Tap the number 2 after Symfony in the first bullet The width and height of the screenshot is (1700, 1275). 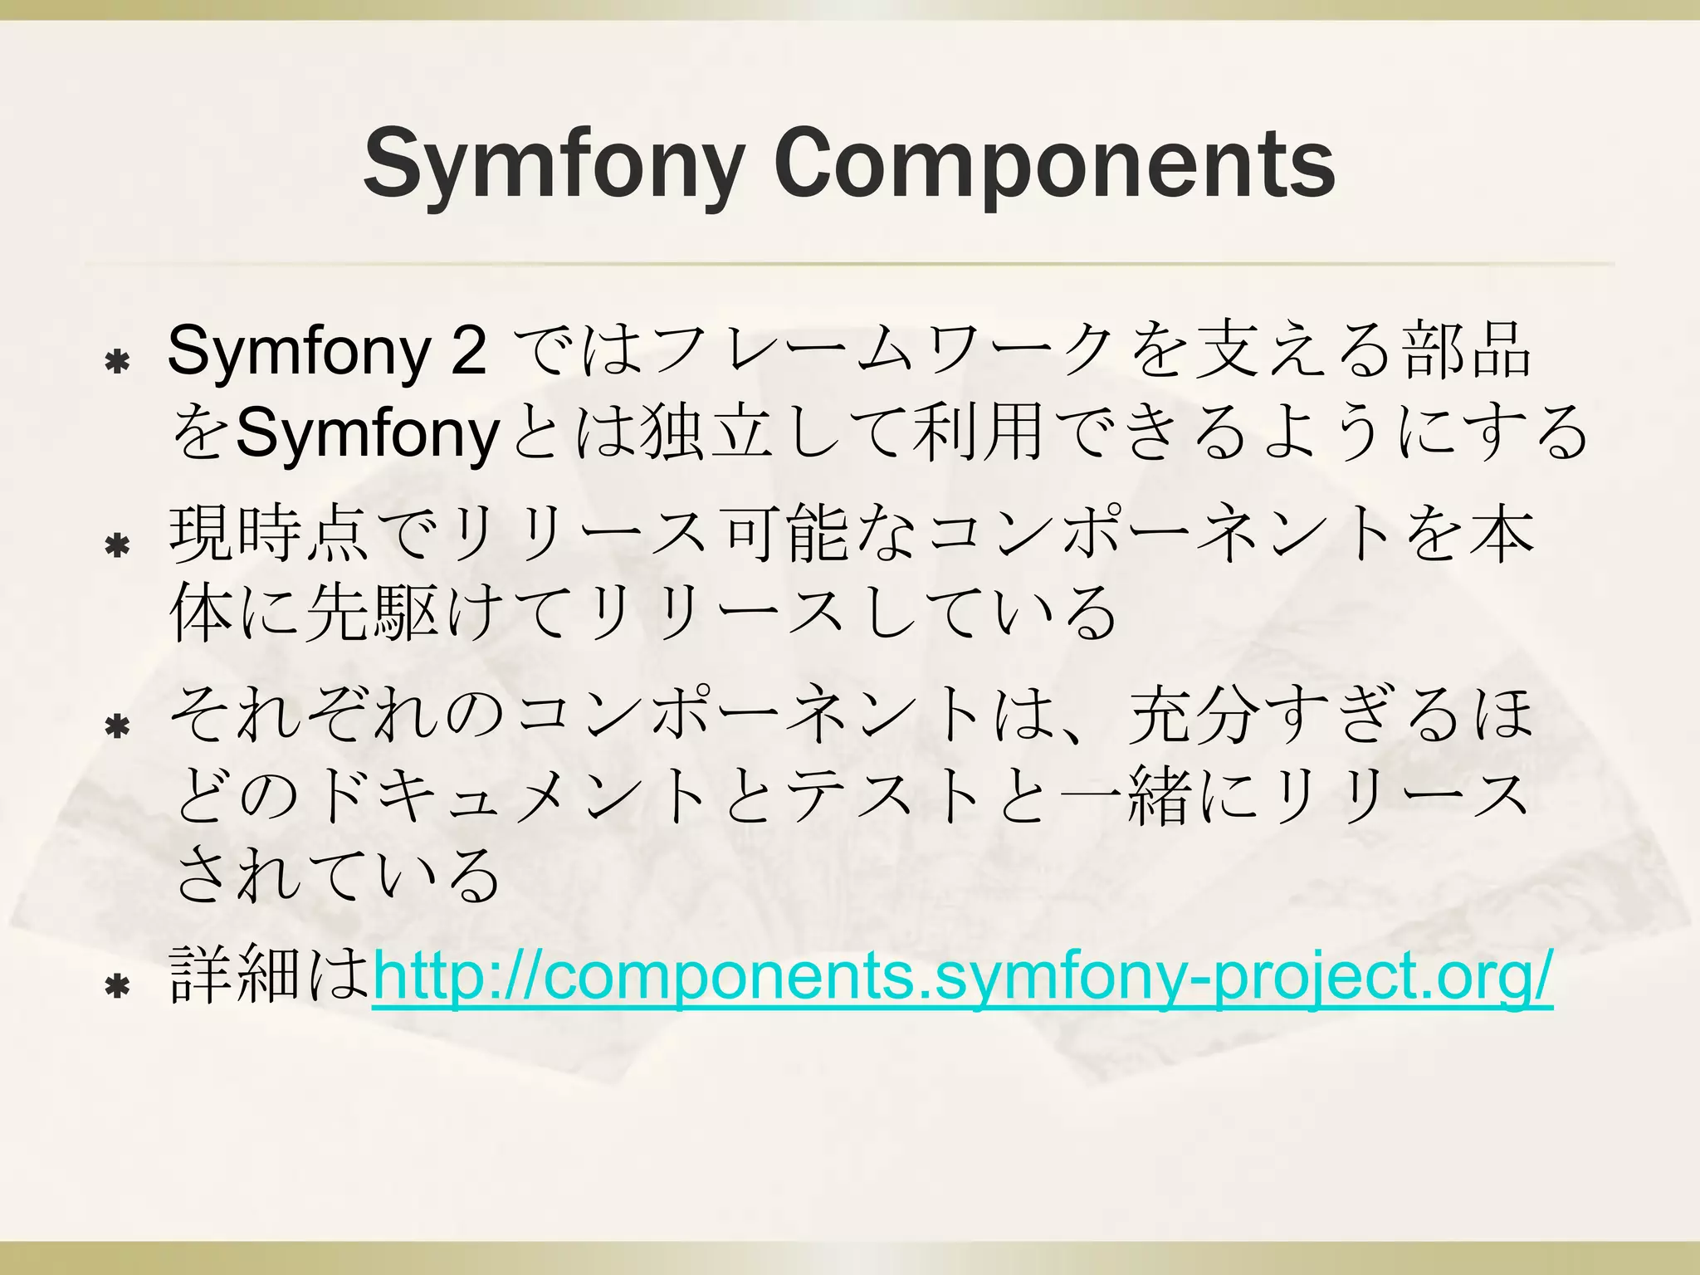click(469, 350)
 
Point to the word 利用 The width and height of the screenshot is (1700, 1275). click(976, 432)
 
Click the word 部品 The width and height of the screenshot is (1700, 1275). click(1466, 350)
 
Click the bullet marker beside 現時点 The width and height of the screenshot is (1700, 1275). click(118, 545)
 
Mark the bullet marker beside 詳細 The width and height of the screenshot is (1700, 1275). click(118, 987)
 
